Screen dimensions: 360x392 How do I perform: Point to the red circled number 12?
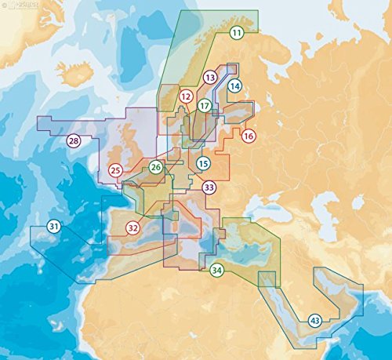pyautogui.click(x=186, y=96)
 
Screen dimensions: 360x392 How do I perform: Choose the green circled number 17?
pyautogui.click(x=204, y=105)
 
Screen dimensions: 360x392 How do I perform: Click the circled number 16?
pyautogui.click(x=249, y=136)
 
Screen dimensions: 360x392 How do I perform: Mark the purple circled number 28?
pyautogui.click(x=73, y=141)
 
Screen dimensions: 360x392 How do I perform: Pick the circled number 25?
pyautogui.click(x=115, y=169)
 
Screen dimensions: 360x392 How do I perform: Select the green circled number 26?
pyautogui.click(x=156, y=166)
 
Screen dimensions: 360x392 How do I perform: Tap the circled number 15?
pyautogui.click(x=203, y=163)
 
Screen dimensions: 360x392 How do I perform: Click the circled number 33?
pyautogui.click(x=209, y=187)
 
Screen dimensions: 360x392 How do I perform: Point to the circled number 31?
pyautogui.click(x=53, y=227)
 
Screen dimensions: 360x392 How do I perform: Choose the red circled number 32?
pyautogui.click(x=132, y=228)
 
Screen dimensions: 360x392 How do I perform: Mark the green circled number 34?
pyautogui.click(x=216, y=271)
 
